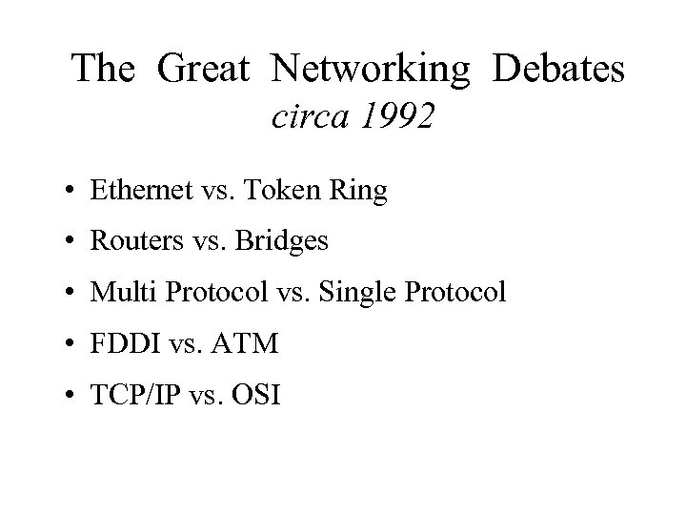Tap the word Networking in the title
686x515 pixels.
tap(370, 68)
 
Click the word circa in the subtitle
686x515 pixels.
tap(305, 117)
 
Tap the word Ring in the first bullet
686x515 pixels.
tap(361, 191)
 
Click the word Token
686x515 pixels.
tap(284, 191)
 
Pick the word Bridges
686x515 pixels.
tap(283, 242)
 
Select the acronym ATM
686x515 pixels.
tap(250, 343)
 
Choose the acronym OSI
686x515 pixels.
tap(256, 394)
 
